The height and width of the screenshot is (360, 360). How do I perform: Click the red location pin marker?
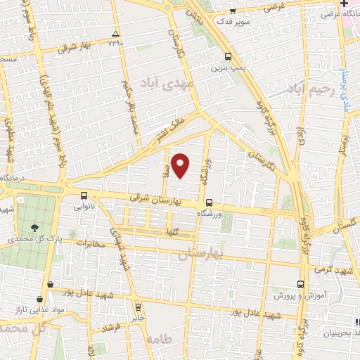[x=181, y=166]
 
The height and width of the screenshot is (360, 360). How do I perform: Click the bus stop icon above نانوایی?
[x=84, y=195]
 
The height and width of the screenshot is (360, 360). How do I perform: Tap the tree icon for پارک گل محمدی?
[x=35, y=226]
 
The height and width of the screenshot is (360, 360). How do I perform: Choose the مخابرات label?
[x=89, y=244]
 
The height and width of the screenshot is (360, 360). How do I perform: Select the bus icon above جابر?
[x=138, y=307]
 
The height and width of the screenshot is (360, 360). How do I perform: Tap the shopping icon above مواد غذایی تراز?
[x=49, y=284]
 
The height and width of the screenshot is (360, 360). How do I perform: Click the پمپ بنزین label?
[x=226, y=69]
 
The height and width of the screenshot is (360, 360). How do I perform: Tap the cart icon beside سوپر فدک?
[x=233, y=11]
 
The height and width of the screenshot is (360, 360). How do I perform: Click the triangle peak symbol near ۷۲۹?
[x=116, y=34]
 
